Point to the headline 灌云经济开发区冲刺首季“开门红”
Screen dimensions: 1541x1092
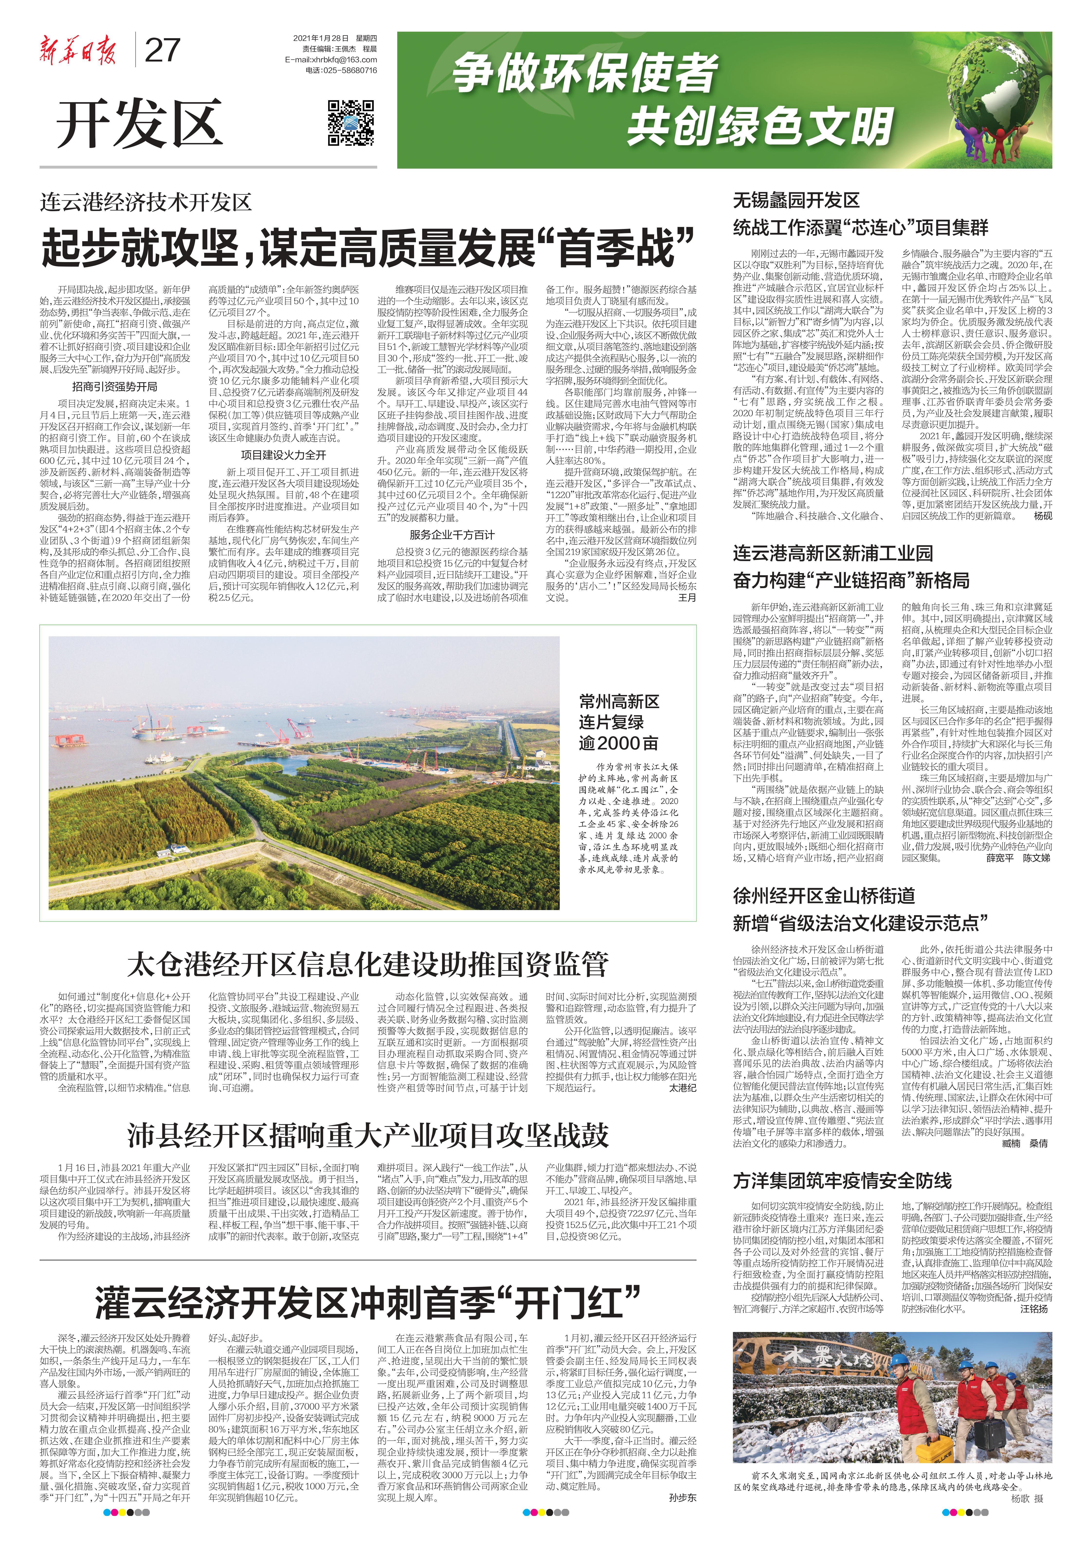(x=367, y=1302)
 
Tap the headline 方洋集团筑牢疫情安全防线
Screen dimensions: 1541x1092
(x=842, y=1180)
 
